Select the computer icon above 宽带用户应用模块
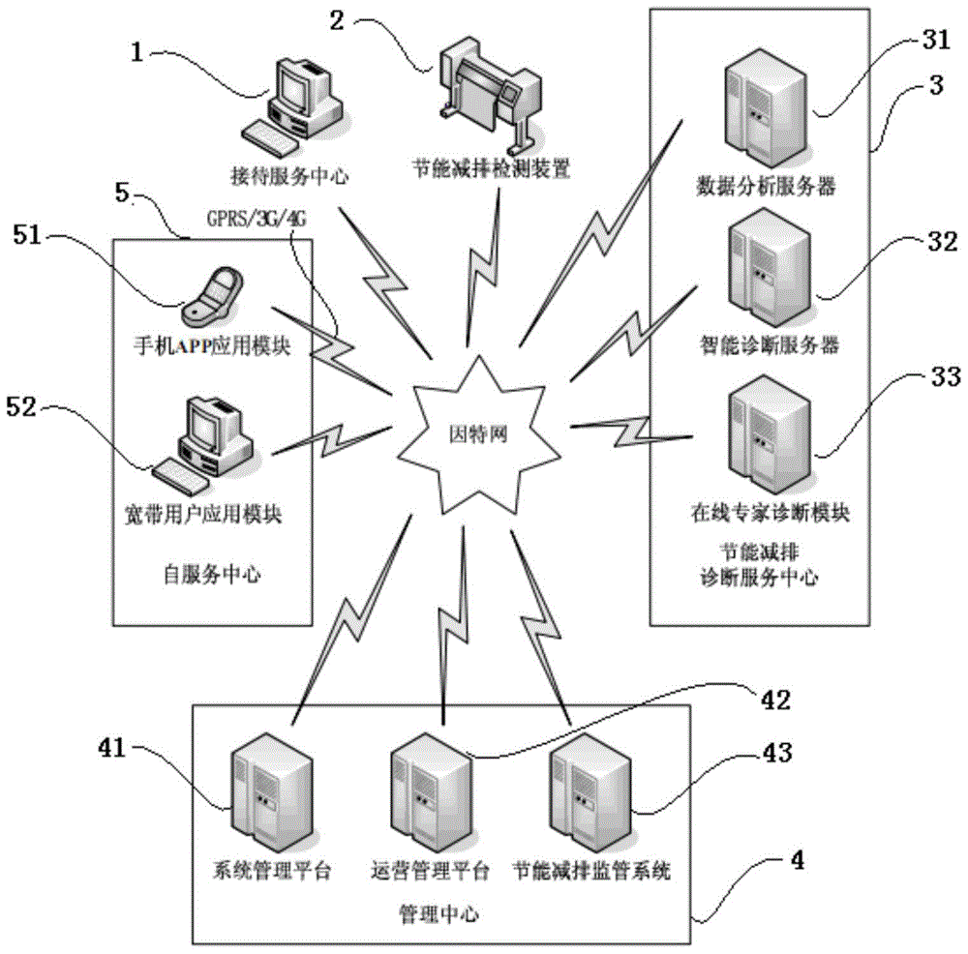click(x=204, y=441)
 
